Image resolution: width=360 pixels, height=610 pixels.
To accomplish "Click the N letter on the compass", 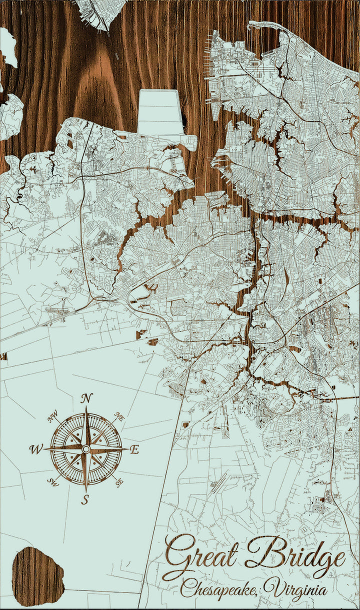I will pos(87,398).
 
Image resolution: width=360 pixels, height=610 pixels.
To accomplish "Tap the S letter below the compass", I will pos(85,499).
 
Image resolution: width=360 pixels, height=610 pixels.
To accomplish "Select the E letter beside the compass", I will pos(134,449).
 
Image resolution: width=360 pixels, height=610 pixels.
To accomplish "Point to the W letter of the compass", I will pos(36,449).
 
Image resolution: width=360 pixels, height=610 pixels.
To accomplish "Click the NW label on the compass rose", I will pos(52,416).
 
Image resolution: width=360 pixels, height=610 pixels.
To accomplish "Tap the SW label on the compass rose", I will pos(52,482).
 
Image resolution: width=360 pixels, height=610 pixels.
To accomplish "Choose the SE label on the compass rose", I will pos(119,482).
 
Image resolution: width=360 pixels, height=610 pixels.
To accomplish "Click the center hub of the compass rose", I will pos(86,449).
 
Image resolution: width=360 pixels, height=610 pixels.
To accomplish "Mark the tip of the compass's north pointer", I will pos(86,407).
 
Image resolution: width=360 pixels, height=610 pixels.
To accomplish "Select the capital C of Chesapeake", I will pos(187,589).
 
